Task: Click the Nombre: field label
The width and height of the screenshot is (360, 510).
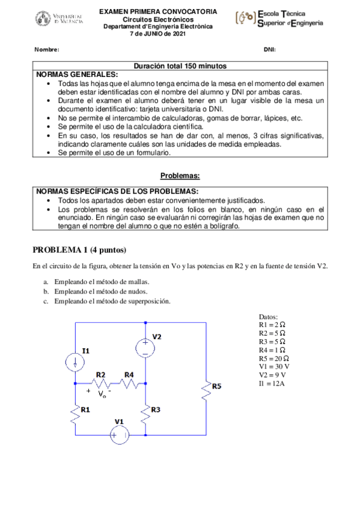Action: [x=46, y=49]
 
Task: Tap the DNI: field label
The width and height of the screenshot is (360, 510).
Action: [x=269, y=49]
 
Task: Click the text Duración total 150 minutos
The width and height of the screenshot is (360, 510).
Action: [x=180, y=66]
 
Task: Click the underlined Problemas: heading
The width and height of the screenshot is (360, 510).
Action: [x=180, y=176]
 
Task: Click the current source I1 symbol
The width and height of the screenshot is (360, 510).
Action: [x=75, y=361]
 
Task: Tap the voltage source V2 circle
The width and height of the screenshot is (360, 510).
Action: [x=145, y=348]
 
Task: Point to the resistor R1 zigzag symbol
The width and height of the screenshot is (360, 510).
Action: [x=75, y=414]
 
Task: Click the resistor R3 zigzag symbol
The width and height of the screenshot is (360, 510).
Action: [x=145, y=414]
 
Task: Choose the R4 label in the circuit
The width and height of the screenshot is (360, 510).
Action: [x=129, y=374]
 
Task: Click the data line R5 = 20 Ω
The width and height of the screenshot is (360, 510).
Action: [x=272, y=357]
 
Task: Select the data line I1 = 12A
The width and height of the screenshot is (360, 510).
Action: [x=272, y=382]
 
